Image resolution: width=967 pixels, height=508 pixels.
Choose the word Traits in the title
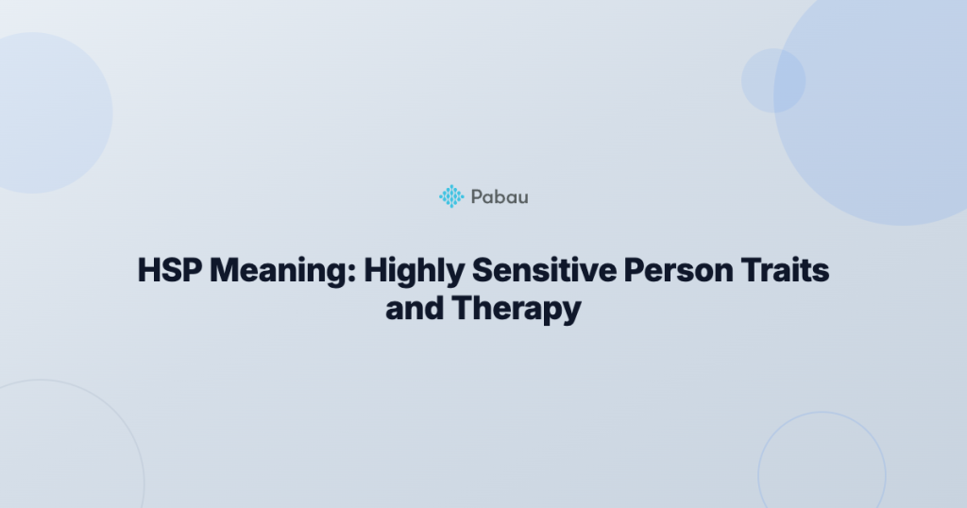(789, 272)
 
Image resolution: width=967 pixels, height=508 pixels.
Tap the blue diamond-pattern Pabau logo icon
(451, 196)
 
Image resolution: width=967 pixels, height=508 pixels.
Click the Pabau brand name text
(499, 196)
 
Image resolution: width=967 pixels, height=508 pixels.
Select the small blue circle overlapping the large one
(772, 81)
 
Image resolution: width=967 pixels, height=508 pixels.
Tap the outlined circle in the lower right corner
(821, 467)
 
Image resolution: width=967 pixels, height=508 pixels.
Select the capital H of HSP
(148, 272)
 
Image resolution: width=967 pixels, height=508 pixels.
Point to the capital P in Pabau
(475, 196)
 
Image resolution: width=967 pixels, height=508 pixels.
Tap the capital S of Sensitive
(482, 272)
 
